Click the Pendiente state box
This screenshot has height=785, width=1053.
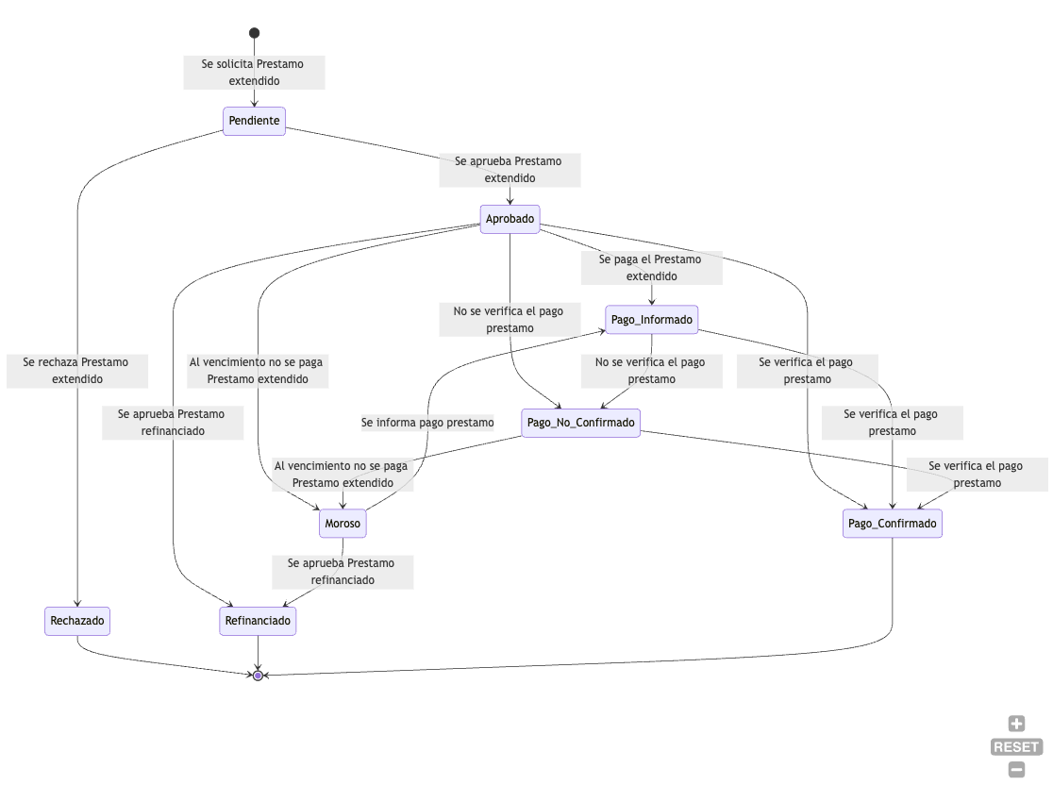click(x=254, y=121)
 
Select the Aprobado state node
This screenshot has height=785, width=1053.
click(x=510, y=220)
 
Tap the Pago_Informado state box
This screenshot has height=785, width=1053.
click(x=651, y=320)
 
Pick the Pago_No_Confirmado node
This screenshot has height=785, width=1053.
click(x=580, y=423)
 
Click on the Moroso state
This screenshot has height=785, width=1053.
click(x=343, y=524)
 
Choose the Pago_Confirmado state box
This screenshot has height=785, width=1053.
click(x=892, y=524)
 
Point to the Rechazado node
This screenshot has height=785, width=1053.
click(x=77, y=621)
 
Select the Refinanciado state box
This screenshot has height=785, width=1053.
click(x=258, y=621)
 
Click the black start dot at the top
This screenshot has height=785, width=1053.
click(x=254, y=33)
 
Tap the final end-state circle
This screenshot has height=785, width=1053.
click(x=258, y=676)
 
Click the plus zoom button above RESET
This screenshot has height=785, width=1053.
click(x=1016, y=724)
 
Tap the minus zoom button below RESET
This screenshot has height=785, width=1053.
click(x=1016, y=770)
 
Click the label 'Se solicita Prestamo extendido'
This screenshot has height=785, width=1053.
click(x=254, y=73)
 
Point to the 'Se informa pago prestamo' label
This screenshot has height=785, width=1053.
click(x=427, y=423)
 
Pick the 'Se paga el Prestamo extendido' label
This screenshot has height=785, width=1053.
click(x=651, y=268)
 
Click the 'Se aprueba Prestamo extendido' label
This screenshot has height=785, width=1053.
click(x=510, y=170)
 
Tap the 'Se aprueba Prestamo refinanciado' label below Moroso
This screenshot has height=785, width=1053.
click(x=343, y=572)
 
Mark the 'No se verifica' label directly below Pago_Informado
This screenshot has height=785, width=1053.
click(x=651, y=371)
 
